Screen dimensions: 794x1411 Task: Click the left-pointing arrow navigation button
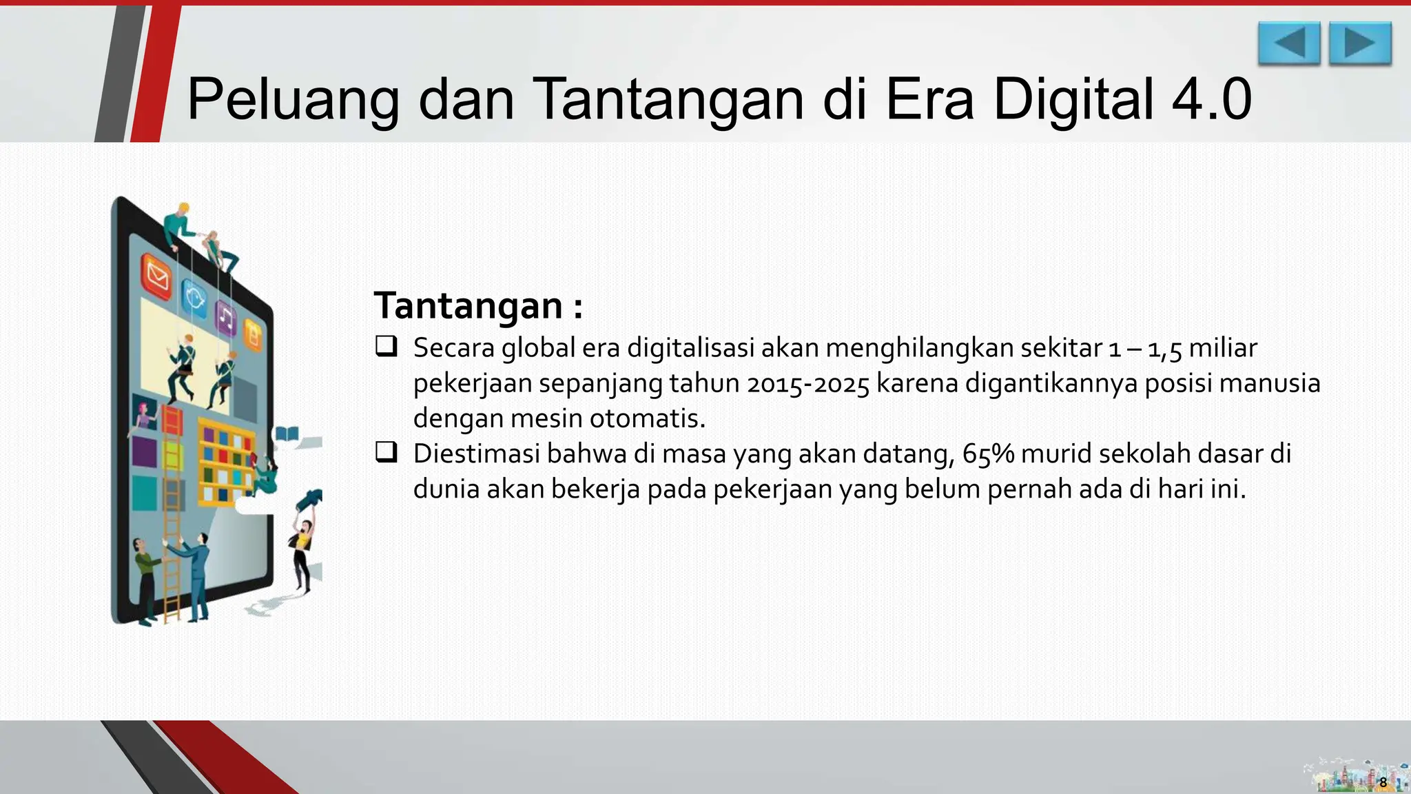click(x=1288, y=43)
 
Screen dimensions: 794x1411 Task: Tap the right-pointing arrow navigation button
click(x=1360, y=43)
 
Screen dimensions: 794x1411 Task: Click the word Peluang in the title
click(x=293, y=100)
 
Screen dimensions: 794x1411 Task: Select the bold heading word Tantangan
click(x=468, y=305)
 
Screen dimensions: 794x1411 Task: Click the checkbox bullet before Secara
click(x=386, y=346)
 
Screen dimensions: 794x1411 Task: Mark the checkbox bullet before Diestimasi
click(x=386, y=452)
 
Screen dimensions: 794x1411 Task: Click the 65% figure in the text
click(x=988, y=454)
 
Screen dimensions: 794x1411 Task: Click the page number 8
click(x=1383, y=782)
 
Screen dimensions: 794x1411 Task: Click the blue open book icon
click(x=287, y=434)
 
